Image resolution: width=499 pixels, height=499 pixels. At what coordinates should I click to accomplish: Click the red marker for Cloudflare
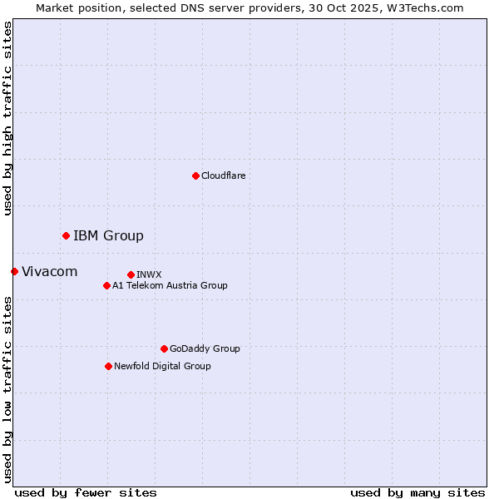tap(195, 175)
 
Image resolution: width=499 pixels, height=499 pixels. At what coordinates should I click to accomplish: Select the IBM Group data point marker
tap(66, 235)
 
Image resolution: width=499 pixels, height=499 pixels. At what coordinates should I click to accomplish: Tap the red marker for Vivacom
tap(14, 271)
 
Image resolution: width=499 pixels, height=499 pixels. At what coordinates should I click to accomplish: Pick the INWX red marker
tap(131, 274)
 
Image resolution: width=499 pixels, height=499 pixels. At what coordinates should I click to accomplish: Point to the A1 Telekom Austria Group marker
tap(106, 285)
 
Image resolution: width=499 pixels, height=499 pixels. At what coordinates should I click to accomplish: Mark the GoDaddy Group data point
tap(164, 348)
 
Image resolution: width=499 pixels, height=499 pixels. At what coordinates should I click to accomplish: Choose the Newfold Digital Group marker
tap(108, 366)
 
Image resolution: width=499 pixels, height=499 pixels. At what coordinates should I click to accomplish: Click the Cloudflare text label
tap(223, 175)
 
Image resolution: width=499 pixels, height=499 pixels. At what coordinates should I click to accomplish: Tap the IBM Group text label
tap(108, 235)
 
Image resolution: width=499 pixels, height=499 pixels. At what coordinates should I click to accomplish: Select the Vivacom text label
tap(49, 271)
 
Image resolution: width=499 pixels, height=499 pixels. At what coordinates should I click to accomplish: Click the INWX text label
tap(149, 274)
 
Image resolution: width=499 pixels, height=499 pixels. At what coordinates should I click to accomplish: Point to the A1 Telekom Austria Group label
tap(170, 285)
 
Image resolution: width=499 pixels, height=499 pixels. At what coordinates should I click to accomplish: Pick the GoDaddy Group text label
tap(205, 348)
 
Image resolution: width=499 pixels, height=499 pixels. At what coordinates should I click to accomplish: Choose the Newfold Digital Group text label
tap(162, 366)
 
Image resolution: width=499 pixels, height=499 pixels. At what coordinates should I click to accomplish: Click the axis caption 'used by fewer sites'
tap(86, 492)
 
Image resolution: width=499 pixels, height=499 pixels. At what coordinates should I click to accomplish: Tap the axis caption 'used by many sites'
tap(417, 492)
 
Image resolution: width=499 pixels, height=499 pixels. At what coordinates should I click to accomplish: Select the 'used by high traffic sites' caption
tap(7, 118)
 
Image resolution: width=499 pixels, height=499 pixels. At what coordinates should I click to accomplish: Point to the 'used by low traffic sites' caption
tap(7, 389)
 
